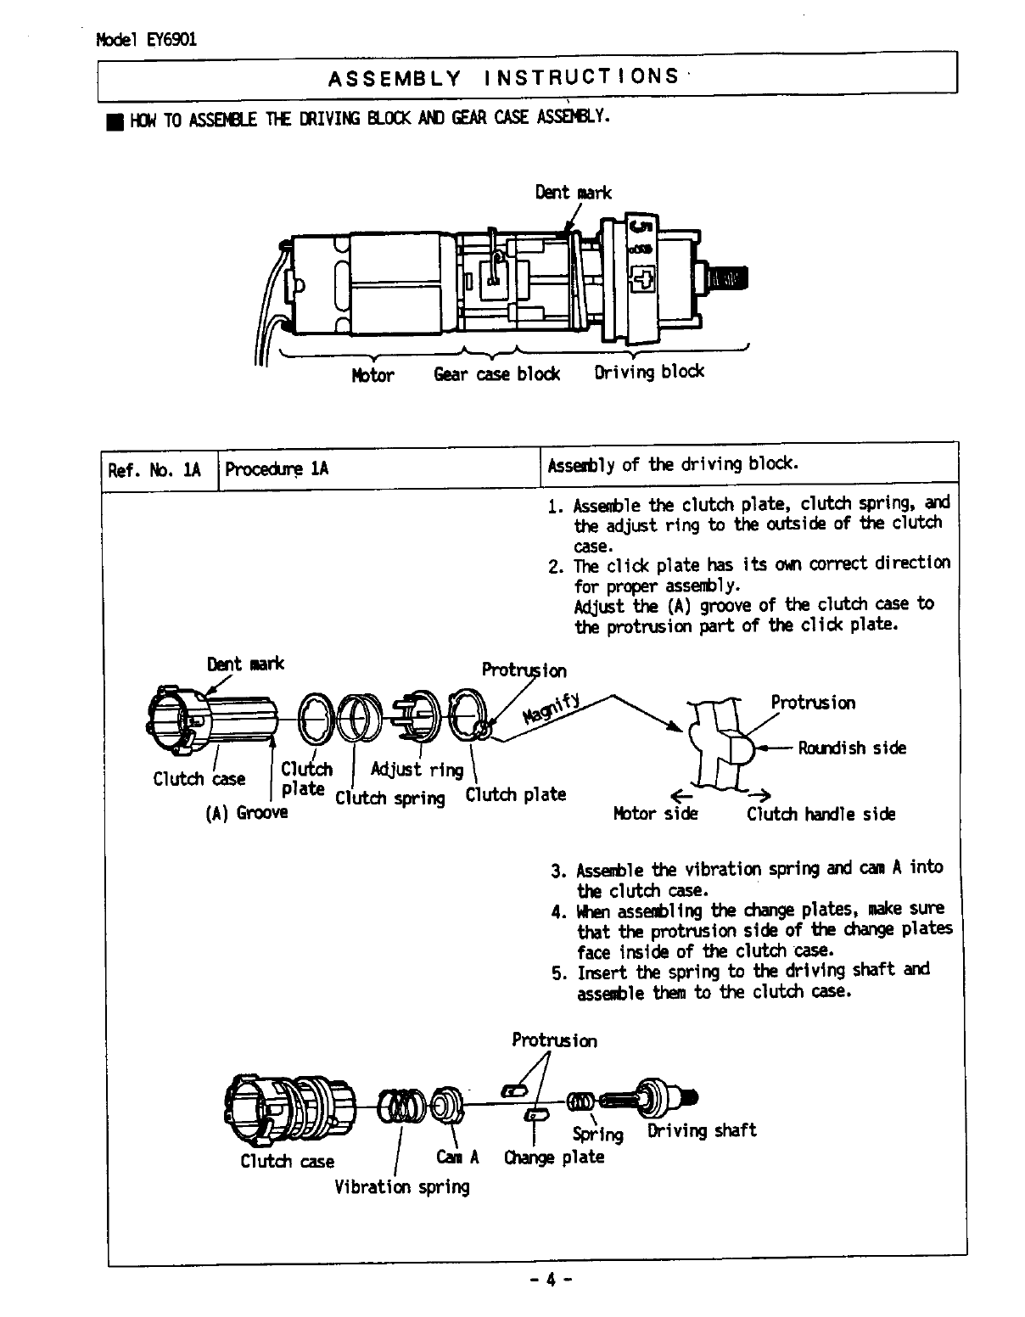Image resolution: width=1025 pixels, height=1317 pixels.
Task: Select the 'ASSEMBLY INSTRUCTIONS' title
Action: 503,77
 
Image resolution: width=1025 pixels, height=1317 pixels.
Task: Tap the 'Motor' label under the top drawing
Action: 372,375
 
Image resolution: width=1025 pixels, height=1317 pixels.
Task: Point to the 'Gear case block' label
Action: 496,373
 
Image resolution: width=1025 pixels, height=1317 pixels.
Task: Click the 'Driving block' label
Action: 649,372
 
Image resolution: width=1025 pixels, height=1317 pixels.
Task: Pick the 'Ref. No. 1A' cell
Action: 154,469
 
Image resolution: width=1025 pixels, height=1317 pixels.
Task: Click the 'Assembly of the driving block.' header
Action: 673,464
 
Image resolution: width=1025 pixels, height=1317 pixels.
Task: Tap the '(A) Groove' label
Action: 247,813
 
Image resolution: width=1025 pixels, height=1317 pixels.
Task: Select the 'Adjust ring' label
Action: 417,770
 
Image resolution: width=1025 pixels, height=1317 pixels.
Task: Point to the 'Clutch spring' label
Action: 390,799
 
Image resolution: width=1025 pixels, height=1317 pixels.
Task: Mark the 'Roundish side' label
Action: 851,748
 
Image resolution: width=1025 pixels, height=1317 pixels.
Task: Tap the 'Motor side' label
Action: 655,814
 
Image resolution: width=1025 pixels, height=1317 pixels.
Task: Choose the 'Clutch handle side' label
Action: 821,814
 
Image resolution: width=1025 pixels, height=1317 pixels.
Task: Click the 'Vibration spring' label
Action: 401,1187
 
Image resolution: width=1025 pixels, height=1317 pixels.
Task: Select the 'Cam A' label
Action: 458,1157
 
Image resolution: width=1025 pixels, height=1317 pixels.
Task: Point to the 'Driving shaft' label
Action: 702,1131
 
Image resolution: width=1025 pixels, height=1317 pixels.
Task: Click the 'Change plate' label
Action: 554,1157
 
